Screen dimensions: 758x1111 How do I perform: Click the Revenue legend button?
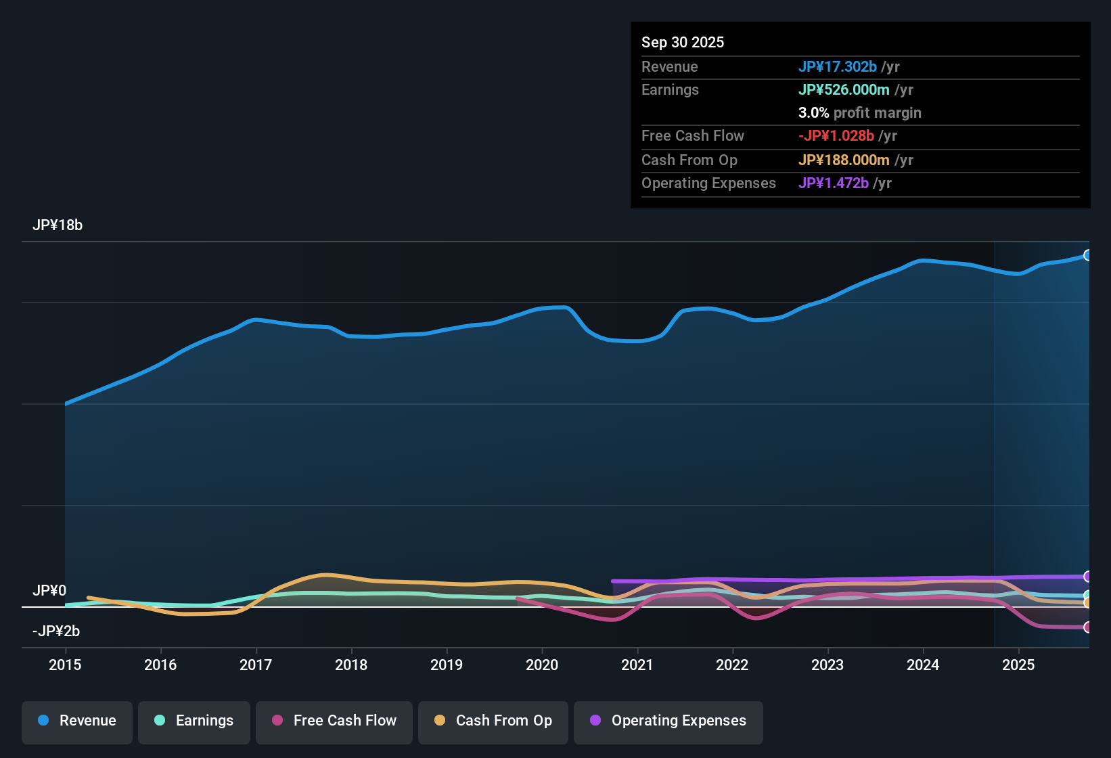76,721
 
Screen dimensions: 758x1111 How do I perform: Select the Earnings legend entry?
194,721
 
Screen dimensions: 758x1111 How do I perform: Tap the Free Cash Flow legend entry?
334,721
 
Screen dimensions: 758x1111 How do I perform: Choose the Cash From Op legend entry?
493,721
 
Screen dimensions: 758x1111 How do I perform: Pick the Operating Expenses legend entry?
668,721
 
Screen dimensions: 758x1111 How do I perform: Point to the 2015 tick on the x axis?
65,665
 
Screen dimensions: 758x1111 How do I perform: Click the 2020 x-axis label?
542,665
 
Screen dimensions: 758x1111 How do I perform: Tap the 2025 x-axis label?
1018,665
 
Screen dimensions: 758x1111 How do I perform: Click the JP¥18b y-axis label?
58,225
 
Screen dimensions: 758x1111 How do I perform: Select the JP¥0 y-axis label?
49,591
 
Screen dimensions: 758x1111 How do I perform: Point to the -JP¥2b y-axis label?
56,631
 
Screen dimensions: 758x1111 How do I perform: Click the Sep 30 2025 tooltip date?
683,43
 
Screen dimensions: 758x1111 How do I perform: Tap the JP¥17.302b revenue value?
837,67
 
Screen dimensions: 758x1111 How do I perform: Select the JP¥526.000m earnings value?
844,90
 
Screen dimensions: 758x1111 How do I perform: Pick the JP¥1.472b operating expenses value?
833,183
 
